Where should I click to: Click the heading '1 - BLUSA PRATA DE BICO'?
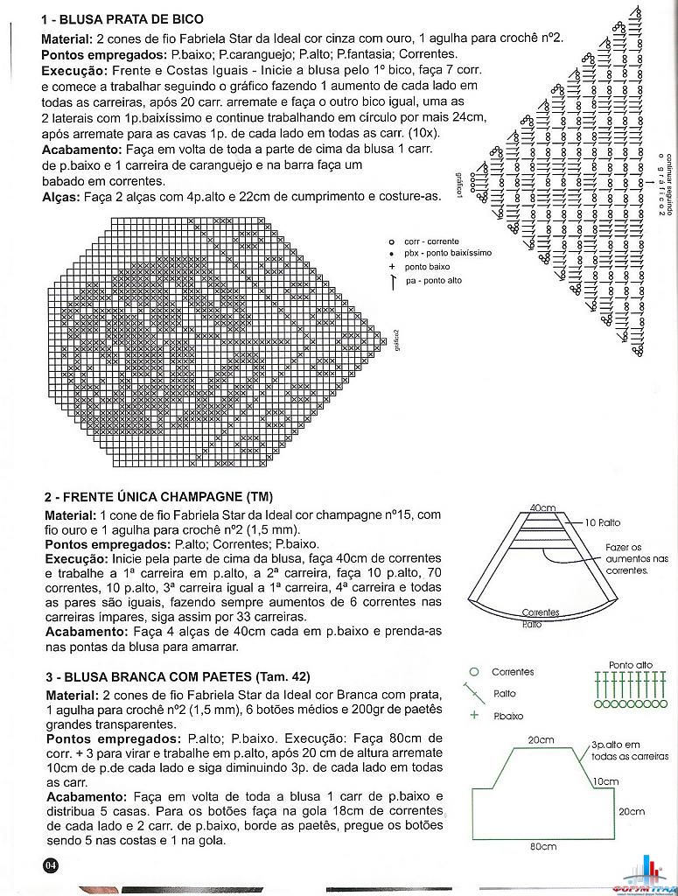click(122, 19)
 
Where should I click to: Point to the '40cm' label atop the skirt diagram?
click(542, 507)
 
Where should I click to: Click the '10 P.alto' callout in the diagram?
click(604, 522)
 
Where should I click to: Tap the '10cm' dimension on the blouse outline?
click(605, 781)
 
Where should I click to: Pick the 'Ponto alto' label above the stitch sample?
click(631, 665)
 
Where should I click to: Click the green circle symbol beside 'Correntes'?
click(474, 671)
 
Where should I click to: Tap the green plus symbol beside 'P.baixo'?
click(474, 715)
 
